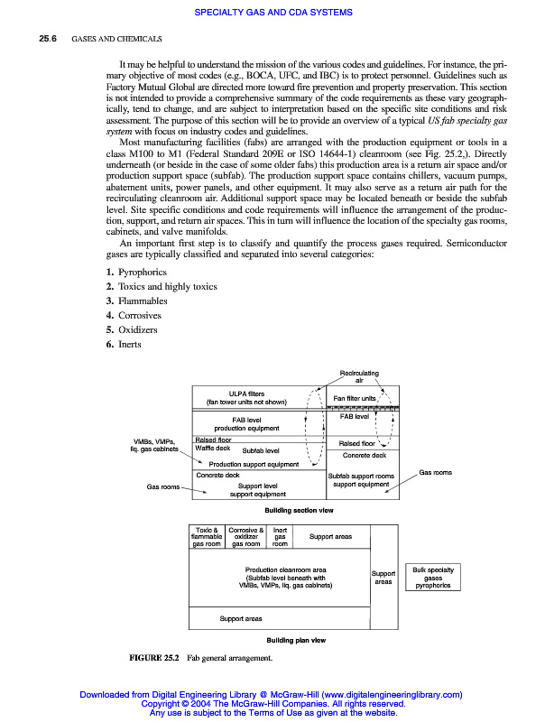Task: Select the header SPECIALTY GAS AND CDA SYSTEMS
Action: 272,12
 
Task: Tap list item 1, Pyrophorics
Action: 136,272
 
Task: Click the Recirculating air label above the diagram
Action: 358,376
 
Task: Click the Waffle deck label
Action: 213,448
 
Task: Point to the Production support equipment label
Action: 254,465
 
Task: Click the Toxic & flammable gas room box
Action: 207,537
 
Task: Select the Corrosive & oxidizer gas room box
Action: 245,537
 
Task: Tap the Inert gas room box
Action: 280,537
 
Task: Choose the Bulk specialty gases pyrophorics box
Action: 433,578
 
